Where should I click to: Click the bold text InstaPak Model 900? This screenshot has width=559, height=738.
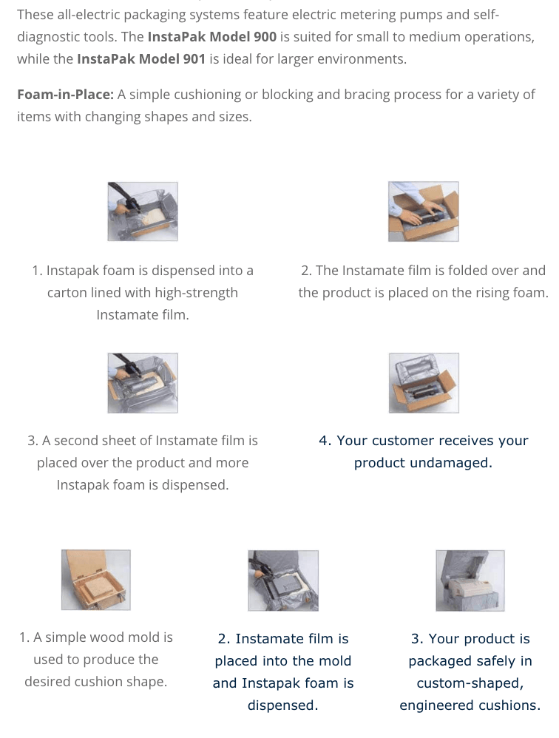tap(211, 37)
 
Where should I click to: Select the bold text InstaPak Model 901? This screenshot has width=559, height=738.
tap(141, 59)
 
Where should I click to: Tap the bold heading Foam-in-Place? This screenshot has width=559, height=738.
tap(65, 95)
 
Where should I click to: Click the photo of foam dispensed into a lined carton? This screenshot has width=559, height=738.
tap(143, 211)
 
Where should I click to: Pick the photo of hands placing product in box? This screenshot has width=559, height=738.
tap(424, 211)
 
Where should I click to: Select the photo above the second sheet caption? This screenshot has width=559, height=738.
tap(143, 383)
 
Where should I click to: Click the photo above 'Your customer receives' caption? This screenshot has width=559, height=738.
tap(424, 383)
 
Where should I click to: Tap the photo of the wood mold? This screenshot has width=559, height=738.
tap(96, 580)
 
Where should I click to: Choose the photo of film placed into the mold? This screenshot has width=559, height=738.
tap(283, 580)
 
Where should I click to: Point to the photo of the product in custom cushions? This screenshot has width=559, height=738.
tap(470, 580)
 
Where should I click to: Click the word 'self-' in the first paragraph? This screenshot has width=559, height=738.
tap(485, 15)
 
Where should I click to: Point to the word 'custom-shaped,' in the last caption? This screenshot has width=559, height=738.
tap(470, 683)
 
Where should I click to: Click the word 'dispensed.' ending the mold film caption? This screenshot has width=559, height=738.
tap(282, 705)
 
